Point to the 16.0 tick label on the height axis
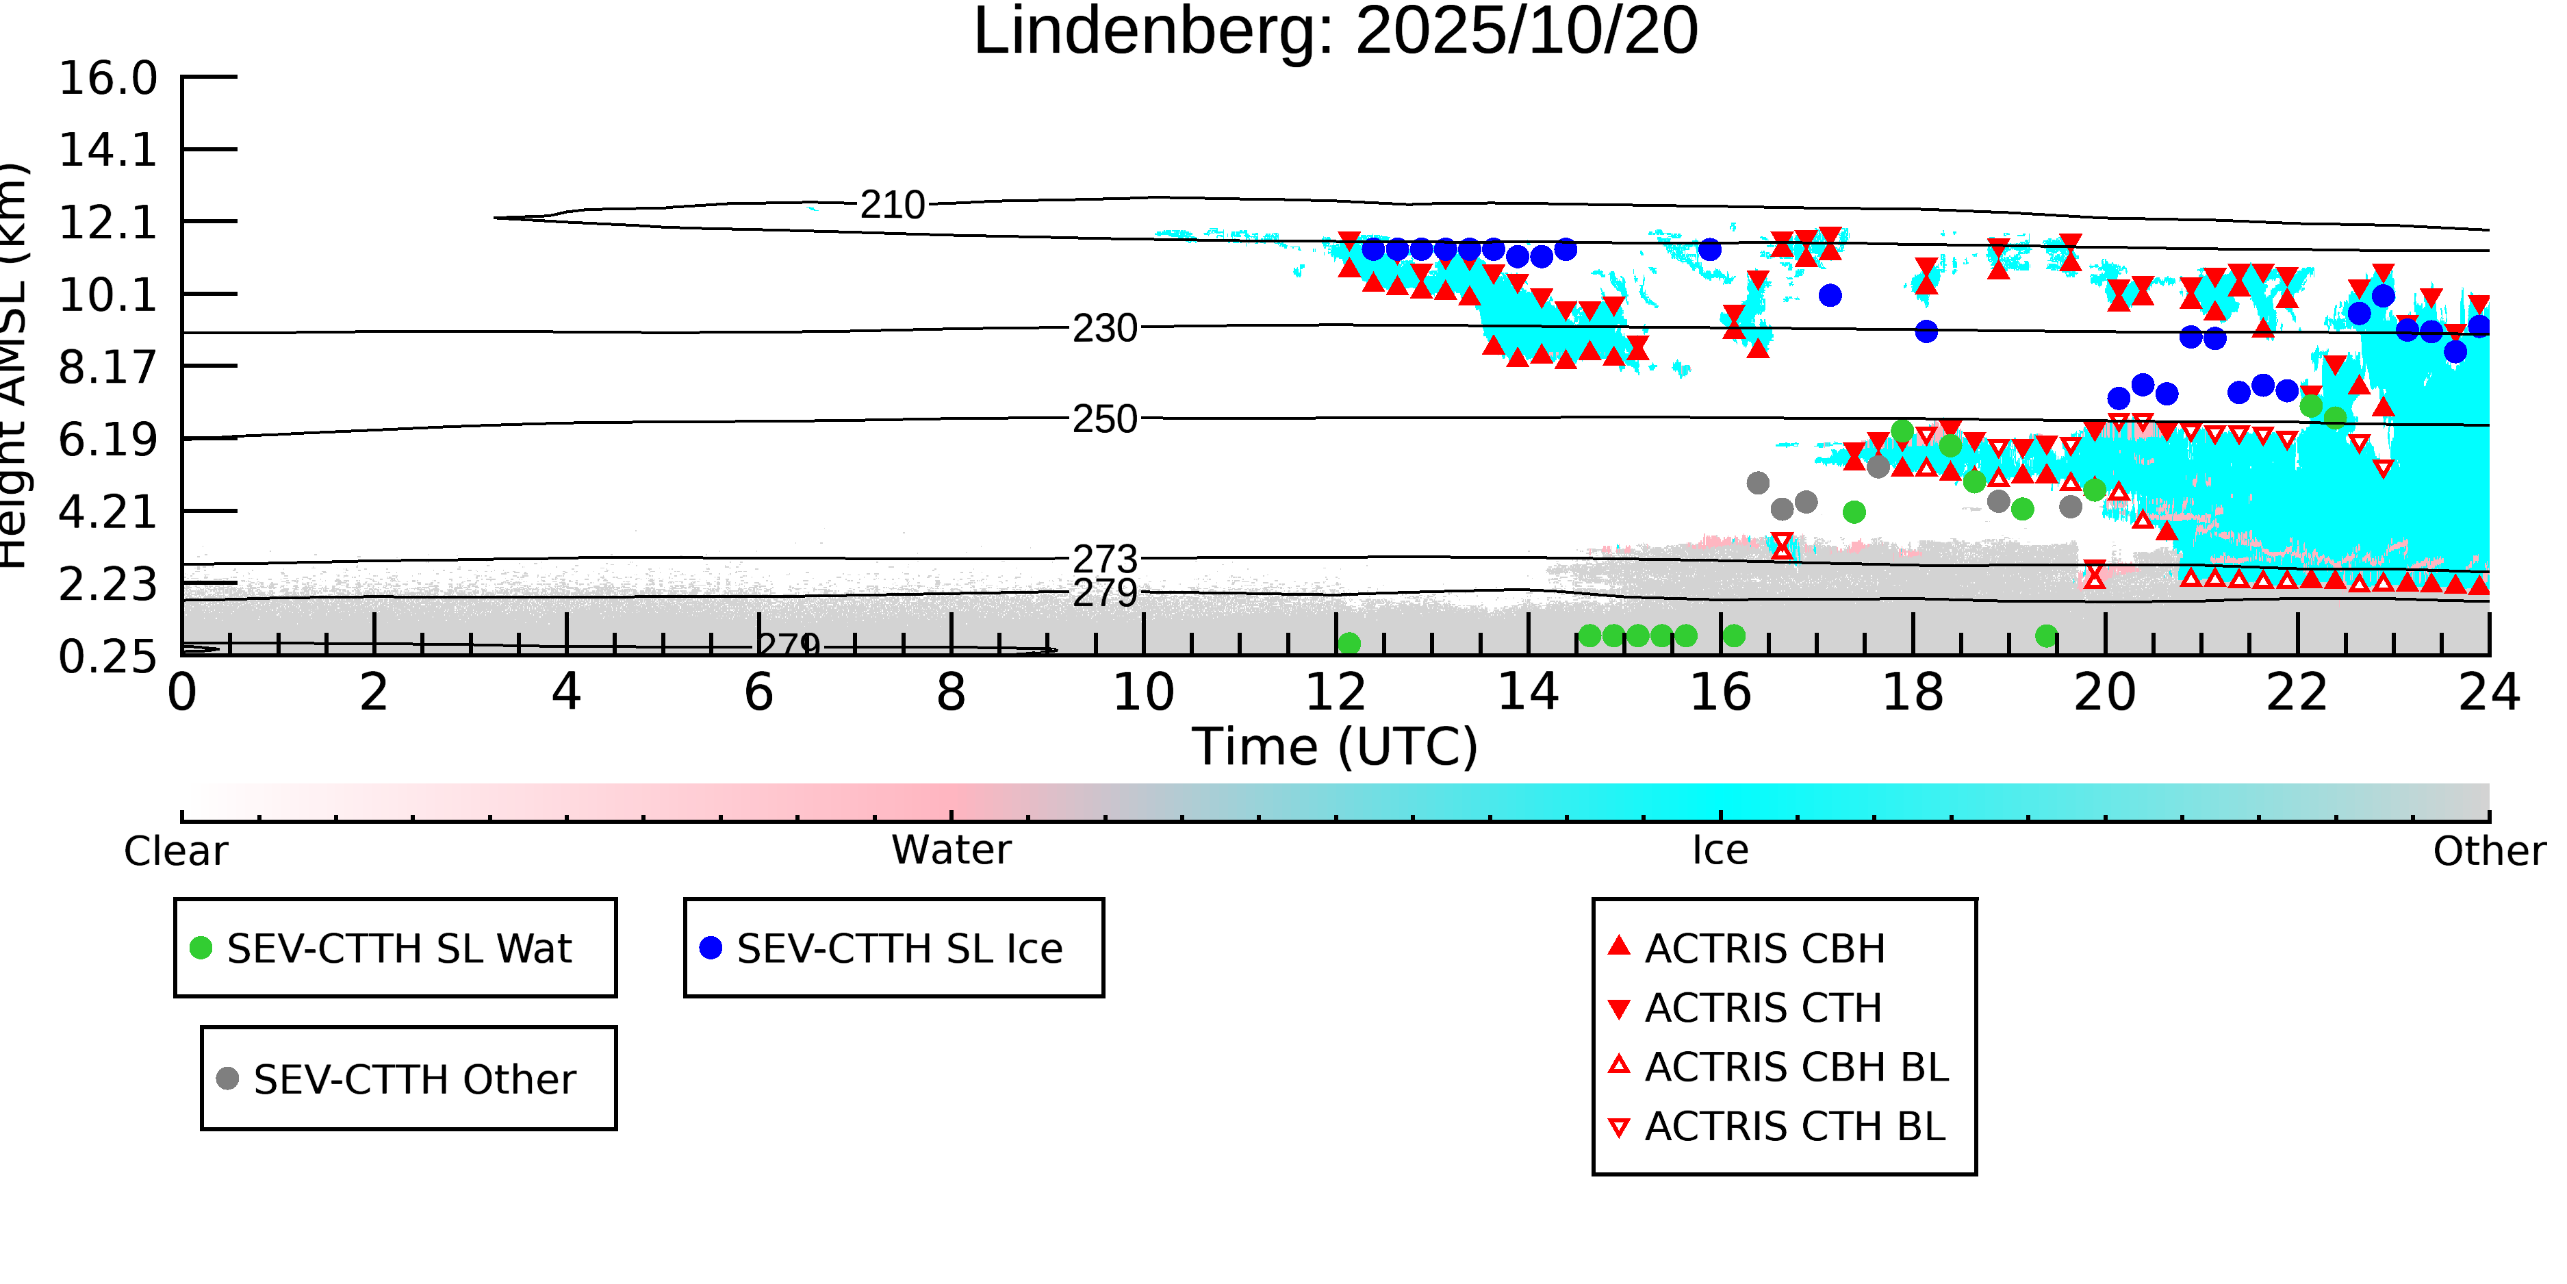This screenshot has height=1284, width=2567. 107,79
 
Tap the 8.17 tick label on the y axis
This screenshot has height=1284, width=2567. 107,368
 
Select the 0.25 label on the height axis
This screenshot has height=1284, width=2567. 107,657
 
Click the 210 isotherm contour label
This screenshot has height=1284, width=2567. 893,205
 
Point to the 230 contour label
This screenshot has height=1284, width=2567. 1104,328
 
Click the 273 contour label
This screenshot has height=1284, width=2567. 1104,559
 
